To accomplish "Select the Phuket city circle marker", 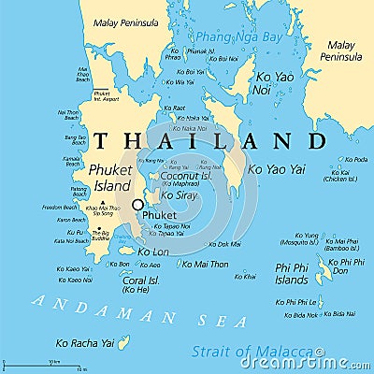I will (x=138, y=205).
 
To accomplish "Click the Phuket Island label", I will (x=110, y=177).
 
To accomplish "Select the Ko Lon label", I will (x=154, y=252).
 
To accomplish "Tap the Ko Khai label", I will (x=245, y=277).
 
